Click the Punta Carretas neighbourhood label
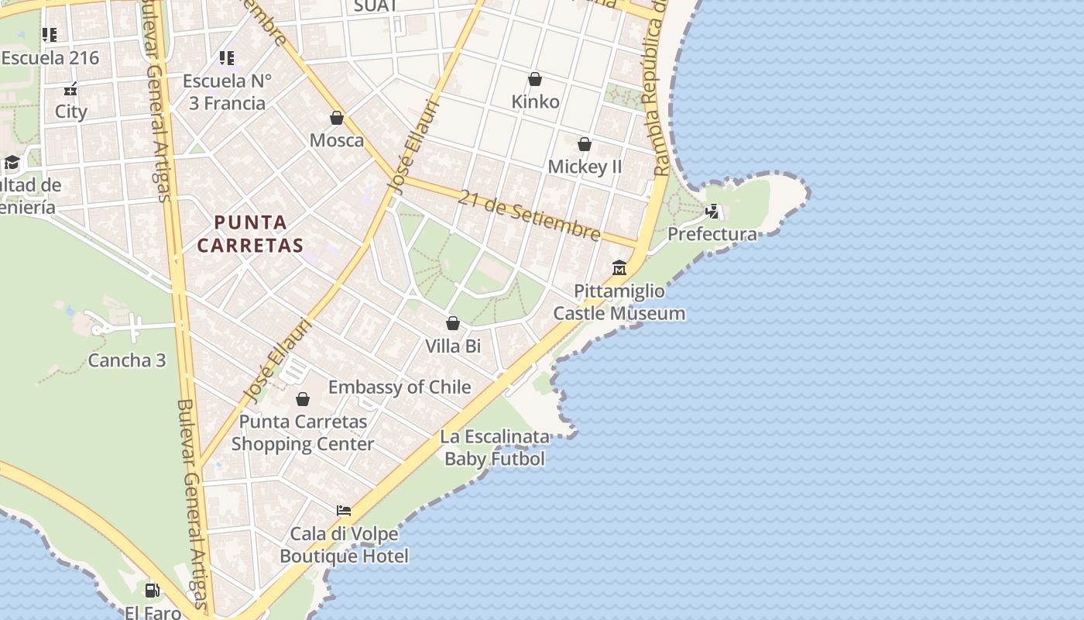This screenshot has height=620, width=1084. [x=249, y=234]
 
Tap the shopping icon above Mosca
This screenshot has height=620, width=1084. [x=337, y=118]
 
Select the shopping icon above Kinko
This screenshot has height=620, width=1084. [x=534, y=79]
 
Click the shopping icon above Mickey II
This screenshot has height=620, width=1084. [x=585, y=144]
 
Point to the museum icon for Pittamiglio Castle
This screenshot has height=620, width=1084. [x=619, y=268]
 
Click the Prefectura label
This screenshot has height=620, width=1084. [x=712, y=234]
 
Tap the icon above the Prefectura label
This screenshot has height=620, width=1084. [x=712, y=211]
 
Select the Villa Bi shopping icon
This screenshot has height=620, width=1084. [x=453, y=323]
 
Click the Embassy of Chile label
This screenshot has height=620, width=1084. [x=400, y=387]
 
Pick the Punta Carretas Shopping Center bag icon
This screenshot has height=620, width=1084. [x=303, y=399]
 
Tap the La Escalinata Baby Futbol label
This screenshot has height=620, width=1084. [x=495, y=448]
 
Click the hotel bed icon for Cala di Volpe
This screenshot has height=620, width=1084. [x=344, y=510]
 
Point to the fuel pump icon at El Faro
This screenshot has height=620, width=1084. [x=153, y=591]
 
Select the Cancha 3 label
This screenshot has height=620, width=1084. [x=127, y=360]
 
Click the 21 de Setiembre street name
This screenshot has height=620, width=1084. [x=529, y=215]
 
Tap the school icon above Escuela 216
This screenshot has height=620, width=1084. [x=50, y=35]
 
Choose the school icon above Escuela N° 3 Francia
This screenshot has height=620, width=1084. [x=227, y=57]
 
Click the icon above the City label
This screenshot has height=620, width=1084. [x=70, y=89]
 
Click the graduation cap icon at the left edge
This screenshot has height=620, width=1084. [x=12, y=162]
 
